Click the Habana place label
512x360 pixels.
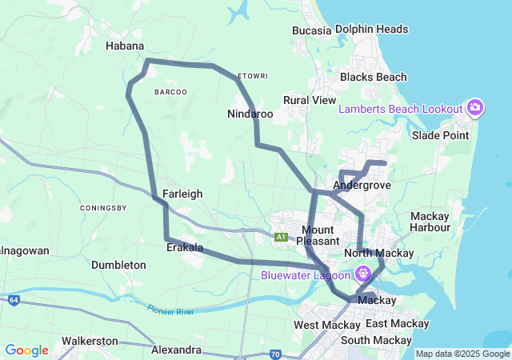125,46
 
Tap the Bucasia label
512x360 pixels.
312,30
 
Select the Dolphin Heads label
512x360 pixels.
371,30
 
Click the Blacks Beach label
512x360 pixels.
373,78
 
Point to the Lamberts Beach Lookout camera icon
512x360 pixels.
475,108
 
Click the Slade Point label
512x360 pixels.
439,135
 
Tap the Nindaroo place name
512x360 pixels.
250,114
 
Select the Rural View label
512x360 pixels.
310,101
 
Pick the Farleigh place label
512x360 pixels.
182,194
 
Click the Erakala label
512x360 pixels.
185,248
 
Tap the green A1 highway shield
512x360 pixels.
281,237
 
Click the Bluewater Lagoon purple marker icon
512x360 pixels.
362,273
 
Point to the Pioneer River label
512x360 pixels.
170,308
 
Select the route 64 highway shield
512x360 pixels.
14,300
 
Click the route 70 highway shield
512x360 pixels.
275,353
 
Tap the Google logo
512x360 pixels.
26,350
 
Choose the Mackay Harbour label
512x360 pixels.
430,222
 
